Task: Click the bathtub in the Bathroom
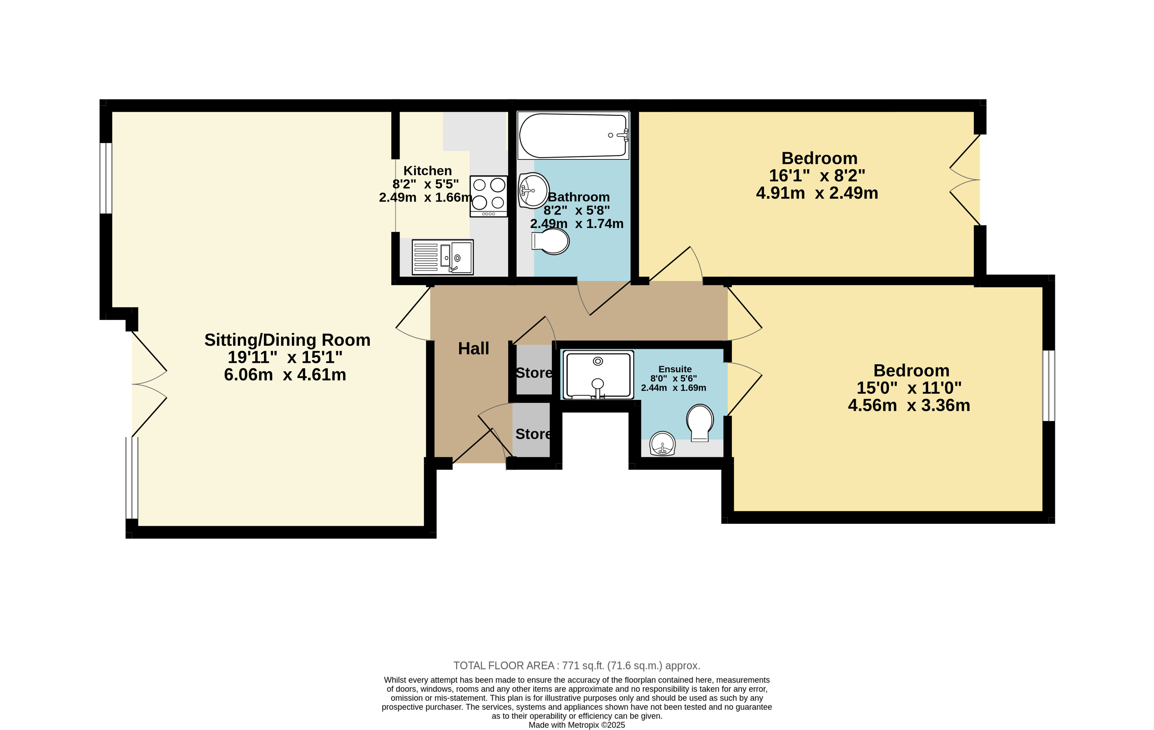pos(573,136)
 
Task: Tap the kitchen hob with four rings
pos(488,196)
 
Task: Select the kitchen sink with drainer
pos(442,257)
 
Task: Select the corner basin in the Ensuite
pos(662,443)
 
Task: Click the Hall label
pos(474,348)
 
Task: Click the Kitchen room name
pos(427,170)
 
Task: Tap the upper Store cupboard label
pos(534,373)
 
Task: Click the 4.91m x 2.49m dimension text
pos(817,193)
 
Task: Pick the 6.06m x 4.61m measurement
pos(285,375)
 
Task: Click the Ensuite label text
pos(675,369)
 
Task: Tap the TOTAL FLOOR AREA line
pos(577,665)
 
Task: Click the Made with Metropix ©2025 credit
pos(577,725)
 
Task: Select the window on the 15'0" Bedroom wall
pos(1049,386)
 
